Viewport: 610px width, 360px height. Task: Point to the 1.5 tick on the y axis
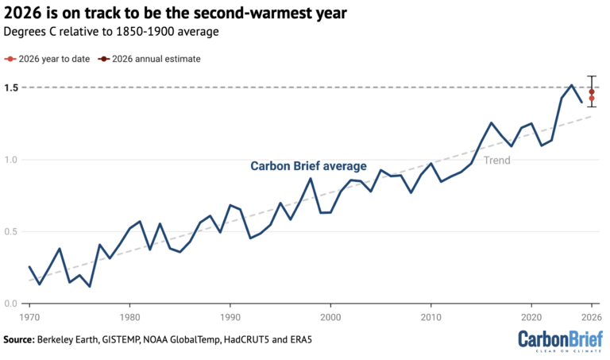pyautogui.click(x=10, y=87)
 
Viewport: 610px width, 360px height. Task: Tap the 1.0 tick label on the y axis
pyautogui.click(x=10, y=160)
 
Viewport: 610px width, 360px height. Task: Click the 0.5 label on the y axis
pyautogui.click(x=10, y=232)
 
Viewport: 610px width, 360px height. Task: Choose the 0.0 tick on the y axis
pyautogui.click(x=10, y=304)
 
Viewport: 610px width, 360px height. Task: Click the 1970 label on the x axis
pyautogui.click(x=30, y=315)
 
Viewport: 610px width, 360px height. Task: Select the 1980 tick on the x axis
pyautogui.click(x=130, y=315)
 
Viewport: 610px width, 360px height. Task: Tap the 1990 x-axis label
pyautogui.click(x=230, y=315)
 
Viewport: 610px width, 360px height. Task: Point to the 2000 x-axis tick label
pyautogui.click(x=330, y=315)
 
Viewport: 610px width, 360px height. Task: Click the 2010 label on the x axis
pyautogui.click(x=430, y=315)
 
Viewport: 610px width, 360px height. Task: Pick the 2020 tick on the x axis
pyautogui.click(x=531, y=315)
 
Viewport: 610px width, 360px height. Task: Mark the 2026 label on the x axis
pyautogui.click(x=590, y=315)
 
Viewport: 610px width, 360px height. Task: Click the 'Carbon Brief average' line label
pyautogui.click(x=308, y=166)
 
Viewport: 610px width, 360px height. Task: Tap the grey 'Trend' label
pyautogui.click(x=496, y=161)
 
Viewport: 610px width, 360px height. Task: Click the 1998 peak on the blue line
pyautogui.click(x=311, y=179)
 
